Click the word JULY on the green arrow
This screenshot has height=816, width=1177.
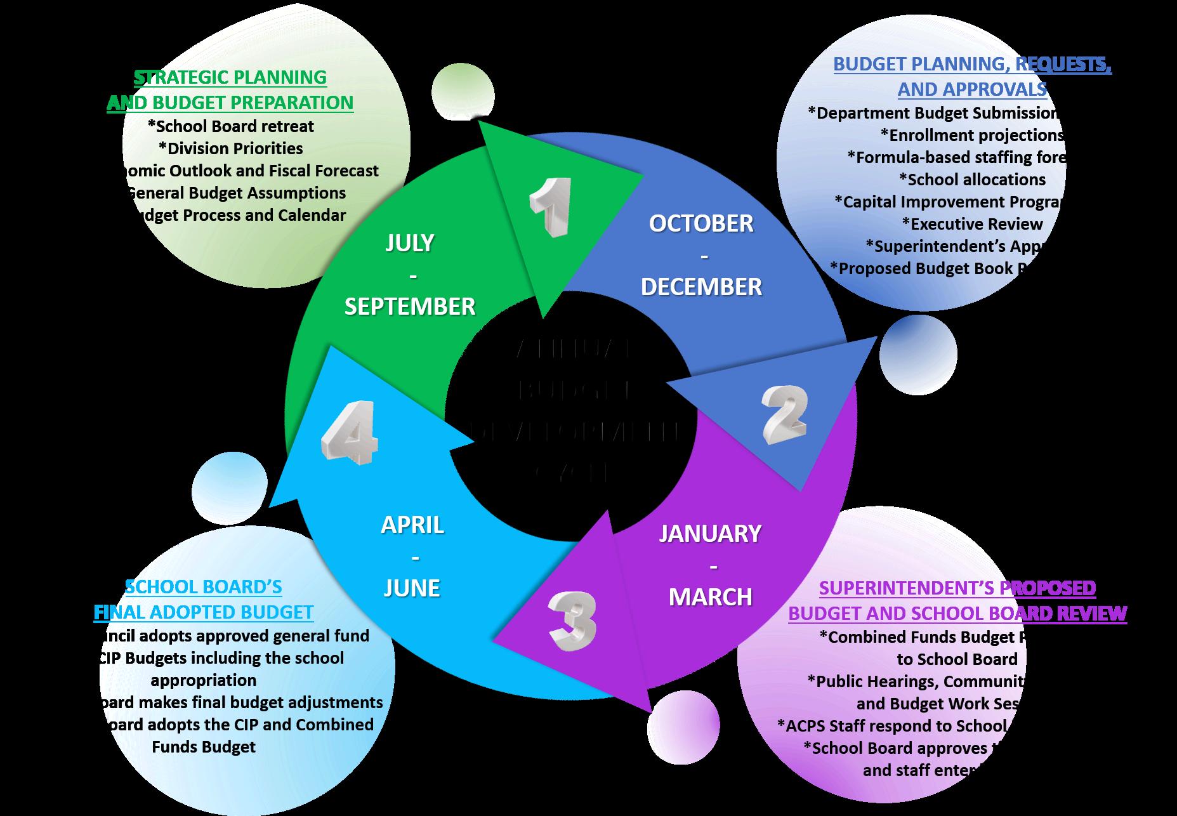(409, 243)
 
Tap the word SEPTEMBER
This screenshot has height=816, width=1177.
(409, 306)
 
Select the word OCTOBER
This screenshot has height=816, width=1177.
(701, 223)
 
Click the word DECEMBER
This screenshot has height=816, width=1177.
(701, 287)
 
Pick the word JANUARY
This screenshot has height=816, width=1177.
(710, 534)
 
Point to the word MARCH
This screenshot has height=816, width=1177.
(710, 596)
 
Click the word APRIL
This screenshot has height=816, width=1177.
(412, 525)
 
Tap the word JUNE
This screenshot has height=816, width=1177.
(412, 588)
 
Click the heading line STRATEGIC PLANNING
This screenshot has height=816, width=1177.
(230, 77)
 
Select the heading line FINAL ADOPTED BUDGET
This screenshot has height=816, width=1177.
(204, 612)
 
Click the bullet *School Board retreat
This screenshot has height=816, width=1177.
(231, 126)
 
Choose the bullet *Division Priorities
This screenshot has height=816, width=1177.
(231, 148)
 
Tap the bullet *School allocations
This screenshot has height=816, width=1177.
(972, 180)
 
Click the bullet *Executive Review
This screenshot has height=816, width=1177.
(972, 224)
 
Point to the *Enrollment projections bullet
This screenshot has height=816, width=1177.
(972, 135)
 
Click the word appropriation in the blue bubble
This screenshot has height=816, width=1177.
(204, 680)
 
